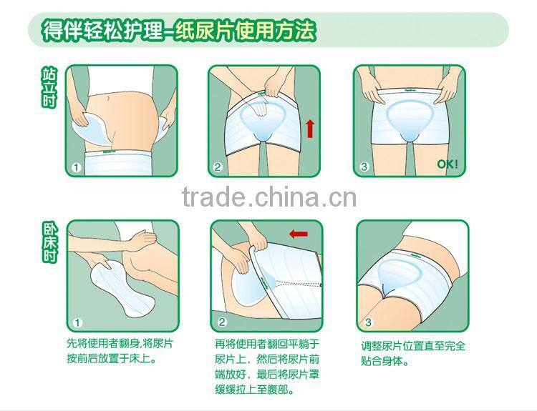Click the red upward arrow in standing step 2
tap(310, 129)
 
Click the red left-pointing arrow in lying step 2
tap(299, 234)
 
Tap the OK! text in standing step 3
tap(447, 164)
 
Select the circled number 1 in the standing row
tap(76, 167)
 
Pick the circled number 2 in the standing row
tap(218, 167)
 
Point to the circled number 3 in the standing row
tap(364, 167)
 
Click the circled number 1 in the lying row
tap(77, 322)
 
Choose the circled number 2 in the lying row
tap(222, 322)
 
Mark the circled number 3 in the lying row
tap(368, 322)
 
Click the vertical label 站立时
tap(49, 87)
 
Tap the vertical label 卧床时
tap(50, 242)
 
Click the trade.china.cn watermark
tap(269, 197)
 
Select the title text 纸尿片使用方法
tap(246, 31)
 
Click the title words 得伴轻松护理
tap(102, 31)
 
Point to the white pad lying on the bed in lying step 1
tap(123, 289)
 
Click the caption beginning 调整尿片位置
tap(413, 353)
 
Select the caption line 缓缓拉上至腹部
tap(254, 389)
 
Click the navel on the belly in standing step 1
tap(108, 98)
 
